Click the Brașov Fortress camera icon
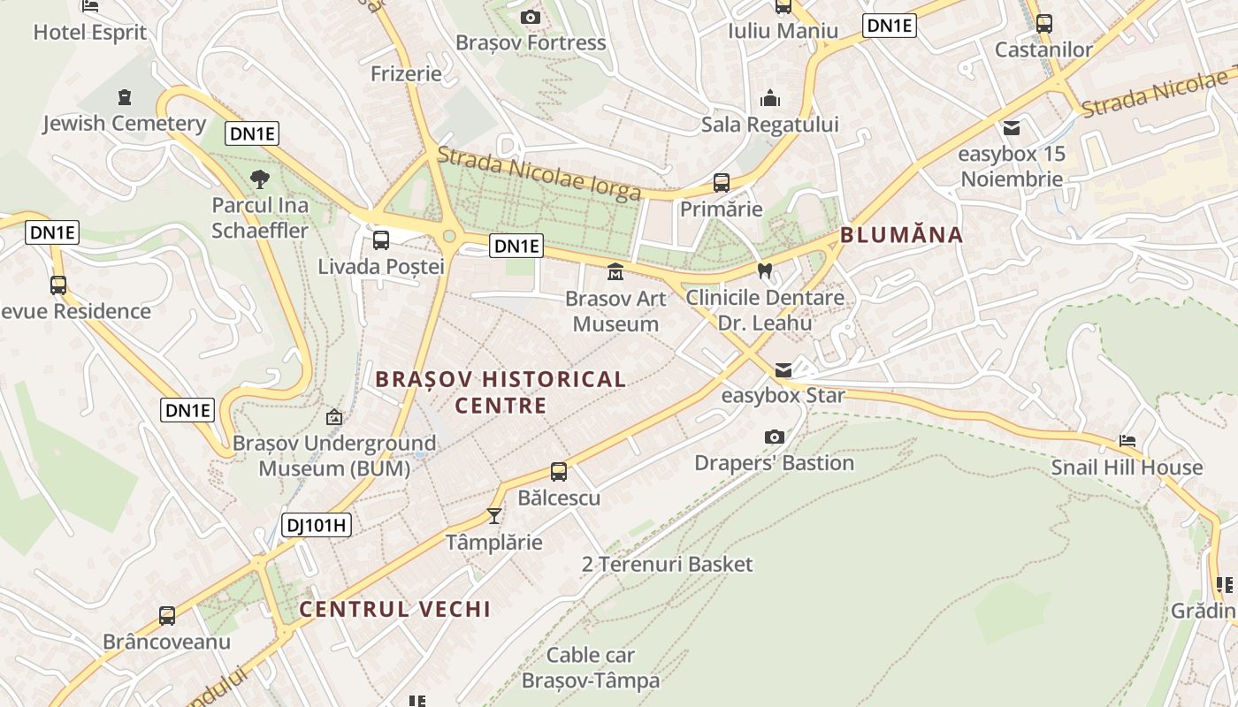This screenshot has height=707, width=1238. tap(531, 17)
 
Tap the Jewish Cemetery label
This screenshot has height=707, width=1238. tap(124, 124)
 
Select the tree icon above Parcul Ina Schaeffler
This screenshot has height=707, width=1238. tap(260, 179)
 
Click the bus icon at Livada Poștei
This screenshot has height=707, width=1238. tap(381, 239)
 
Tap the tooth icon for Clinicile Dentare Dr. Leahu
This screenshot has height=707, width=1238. tap(765, 270)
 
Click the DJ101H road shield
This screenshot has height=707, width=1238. tap(317, 526)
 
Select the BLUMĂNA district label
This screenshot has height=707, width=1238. tap(901, 235)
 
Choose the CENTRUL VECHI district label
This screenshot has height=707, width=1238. tap(394, 609)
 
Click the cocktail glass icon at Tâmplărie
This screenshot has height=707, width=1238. tap(494, 515)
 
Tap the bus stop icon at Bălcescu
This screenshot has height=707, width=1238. tap(559, 471)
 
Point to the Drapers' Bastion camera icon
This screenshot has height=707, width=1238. tap(774, 437)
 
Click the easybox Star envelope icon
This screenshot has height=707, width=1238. tap(783, 369)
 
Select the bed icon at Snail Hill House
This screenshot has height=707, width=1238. tap(1127, 440)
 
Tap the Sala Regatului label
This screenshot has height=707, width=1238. tap(769, 125)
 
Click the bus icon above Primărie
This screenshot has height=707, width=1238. tap(722, 183)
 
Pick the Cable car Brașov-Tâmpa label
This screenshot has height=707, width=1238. tap(591, 668)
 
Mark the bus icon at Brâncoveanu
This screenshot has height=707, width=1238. tap(167, 615)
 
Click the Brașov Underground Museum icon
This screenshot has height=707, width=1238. tap(334, 416)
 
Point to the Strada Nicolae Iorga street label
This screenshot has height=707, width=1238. tap(539, 173)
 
